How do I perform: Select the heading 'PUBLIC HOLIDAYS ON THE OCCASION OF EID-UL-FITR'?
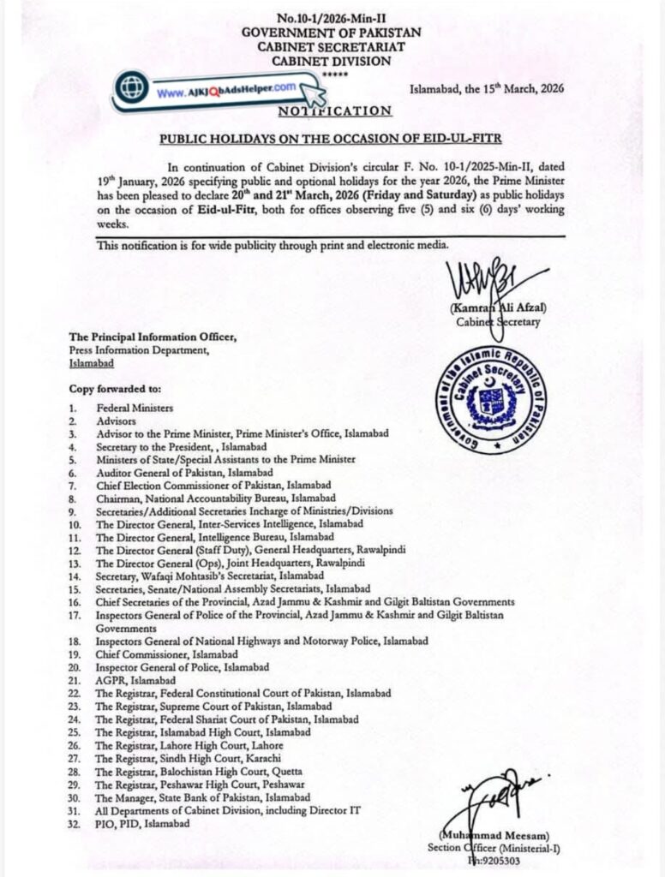pyautogui.click(x=332, y=137)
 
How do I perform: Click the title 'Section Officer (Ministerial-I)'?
pyautogui.click(x=492, y=848)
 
